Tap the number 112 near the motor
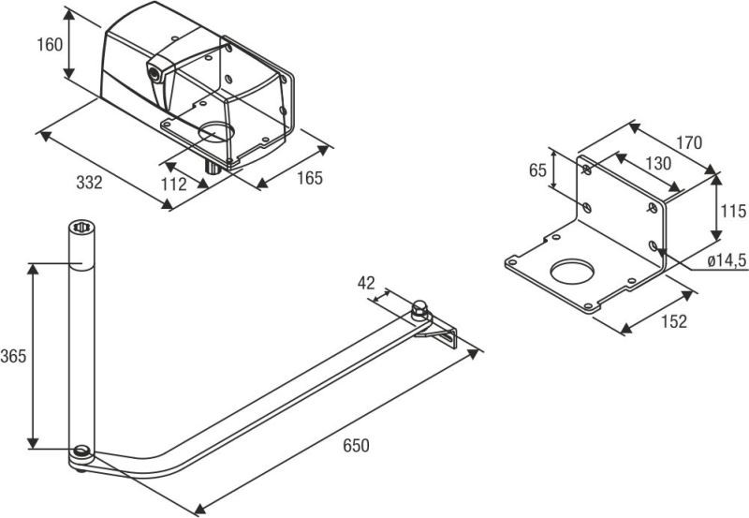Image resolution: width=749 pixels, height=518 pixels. click(x=174, y=185)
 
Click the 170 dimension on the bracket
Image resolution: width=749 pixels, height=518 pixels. click(x=688, y=143)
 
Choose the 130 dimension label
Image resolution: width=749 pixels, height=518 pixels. click(x=658, y=163)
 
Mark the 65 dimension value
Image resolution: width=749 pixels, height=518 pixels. click(x=537, y=170)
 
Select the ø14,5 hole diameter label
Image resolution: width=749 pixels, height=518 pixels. click(x=726, y=259)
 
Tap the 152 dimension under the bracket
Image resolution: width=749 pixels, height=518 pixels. click(x=673, y=321)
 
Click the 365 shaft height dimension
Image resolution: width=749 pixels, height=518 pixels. click(x=13, y=356)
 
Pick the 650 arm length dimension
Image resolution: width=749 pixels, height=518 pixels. click(x=355, y=445)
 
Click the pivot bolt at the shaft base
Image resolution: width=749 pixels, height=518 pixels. click(x=82, y=453)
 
